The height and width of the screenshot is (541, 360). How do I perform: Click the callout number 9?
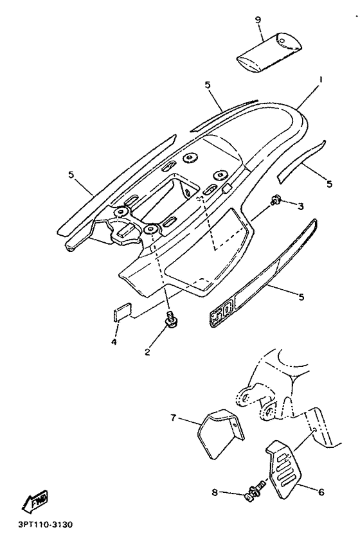[258, 21]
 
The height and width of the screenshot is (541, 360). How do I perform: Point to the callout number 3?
[300, 206]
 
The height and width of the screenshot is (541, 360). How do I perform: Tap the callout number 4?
[113, 342]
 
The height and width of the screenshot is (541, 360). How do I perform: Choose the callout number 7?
[172, 418]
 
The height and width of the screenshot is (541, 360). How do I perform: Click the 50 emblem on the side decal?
[221, 314]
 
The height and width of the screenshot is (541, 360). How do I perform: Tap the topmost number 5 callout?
[207, 84]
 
